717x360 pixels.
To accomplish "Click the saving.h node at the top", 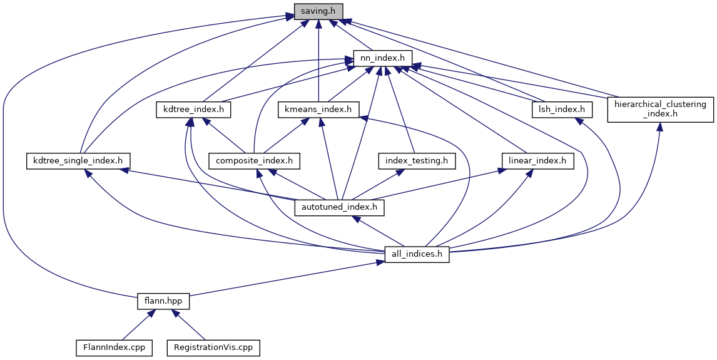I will click(x=318, y=11).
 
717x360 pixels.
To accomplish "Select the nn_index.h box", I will click(x=382, y=58).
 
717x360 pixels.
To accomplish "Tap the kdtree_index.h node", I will click(x=193, y=110).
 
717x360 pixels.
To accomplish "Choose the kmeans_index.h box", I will click(x=318, y=110).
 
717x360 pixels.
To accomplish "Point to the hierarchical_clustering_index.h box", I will click(x=661, y=110).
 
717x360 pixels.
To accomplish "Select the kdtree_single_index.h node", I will click(x=78, y=161).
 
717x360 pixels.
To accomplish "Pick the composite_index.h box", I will click(x=254, y=161).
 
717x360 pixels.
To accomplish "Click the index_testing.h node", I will click(x=417, y=161).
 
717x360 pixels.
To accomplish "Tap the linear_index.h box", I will click(x=537, y=161).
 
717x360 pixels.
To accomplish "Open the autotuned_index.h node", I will click(x=338, y=207).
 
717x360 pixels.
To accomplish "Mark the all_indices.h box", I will click(x=417, y=254).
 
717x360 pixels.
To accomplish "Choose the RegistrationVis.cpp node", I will click(x=213, y=347).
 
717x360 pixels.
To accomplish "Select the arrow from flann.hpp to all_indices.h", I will click(x=282, y=279).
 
